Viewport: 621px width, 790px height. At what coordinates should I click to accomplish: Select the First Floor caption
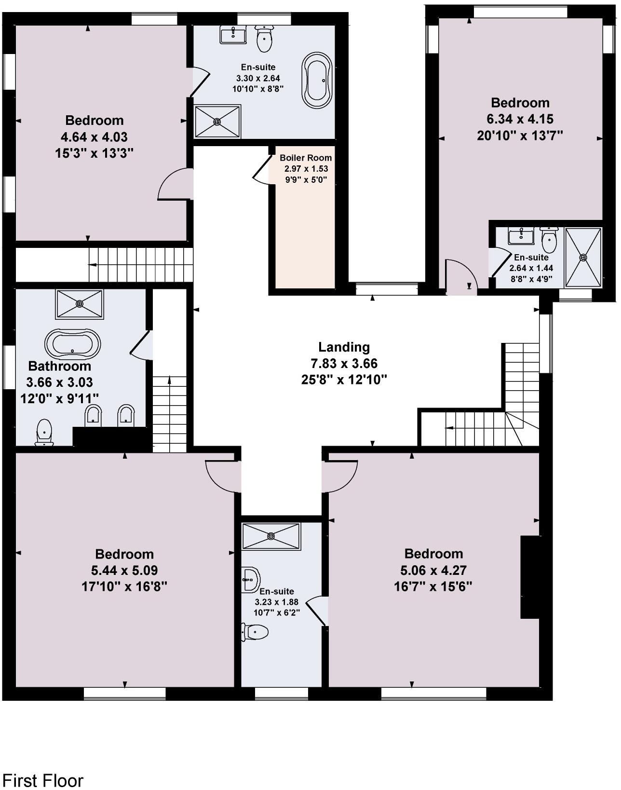click(x=43, y=780)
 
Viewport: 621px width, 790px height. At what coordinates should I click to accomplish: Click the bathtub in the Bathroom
click(x=73, y=344)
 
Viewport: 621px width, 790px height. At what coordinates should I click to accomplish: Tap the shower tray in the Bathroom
click(x=80, y=304)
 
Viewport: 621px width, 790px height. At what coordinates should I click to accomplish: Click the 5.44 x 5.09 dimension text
click(x=124, y=571)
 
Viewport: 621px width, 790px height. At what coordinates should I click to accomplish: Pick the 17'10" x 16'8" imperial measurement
click(x=124, y=587)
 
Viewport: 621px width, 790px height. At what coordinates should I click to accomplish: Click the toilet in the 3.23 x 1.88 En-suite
click(x=256, y=631)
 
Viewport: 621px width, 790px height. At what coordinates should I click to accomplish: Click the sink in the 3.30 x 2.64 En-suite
click(x=233, y=34)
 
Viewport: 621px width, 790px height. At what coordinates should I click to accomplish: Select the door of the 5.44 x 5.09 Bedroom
click(x=222, y=475)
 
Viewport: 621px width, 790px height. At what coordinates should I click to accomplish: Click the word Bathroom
click(x=60, y=366)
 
